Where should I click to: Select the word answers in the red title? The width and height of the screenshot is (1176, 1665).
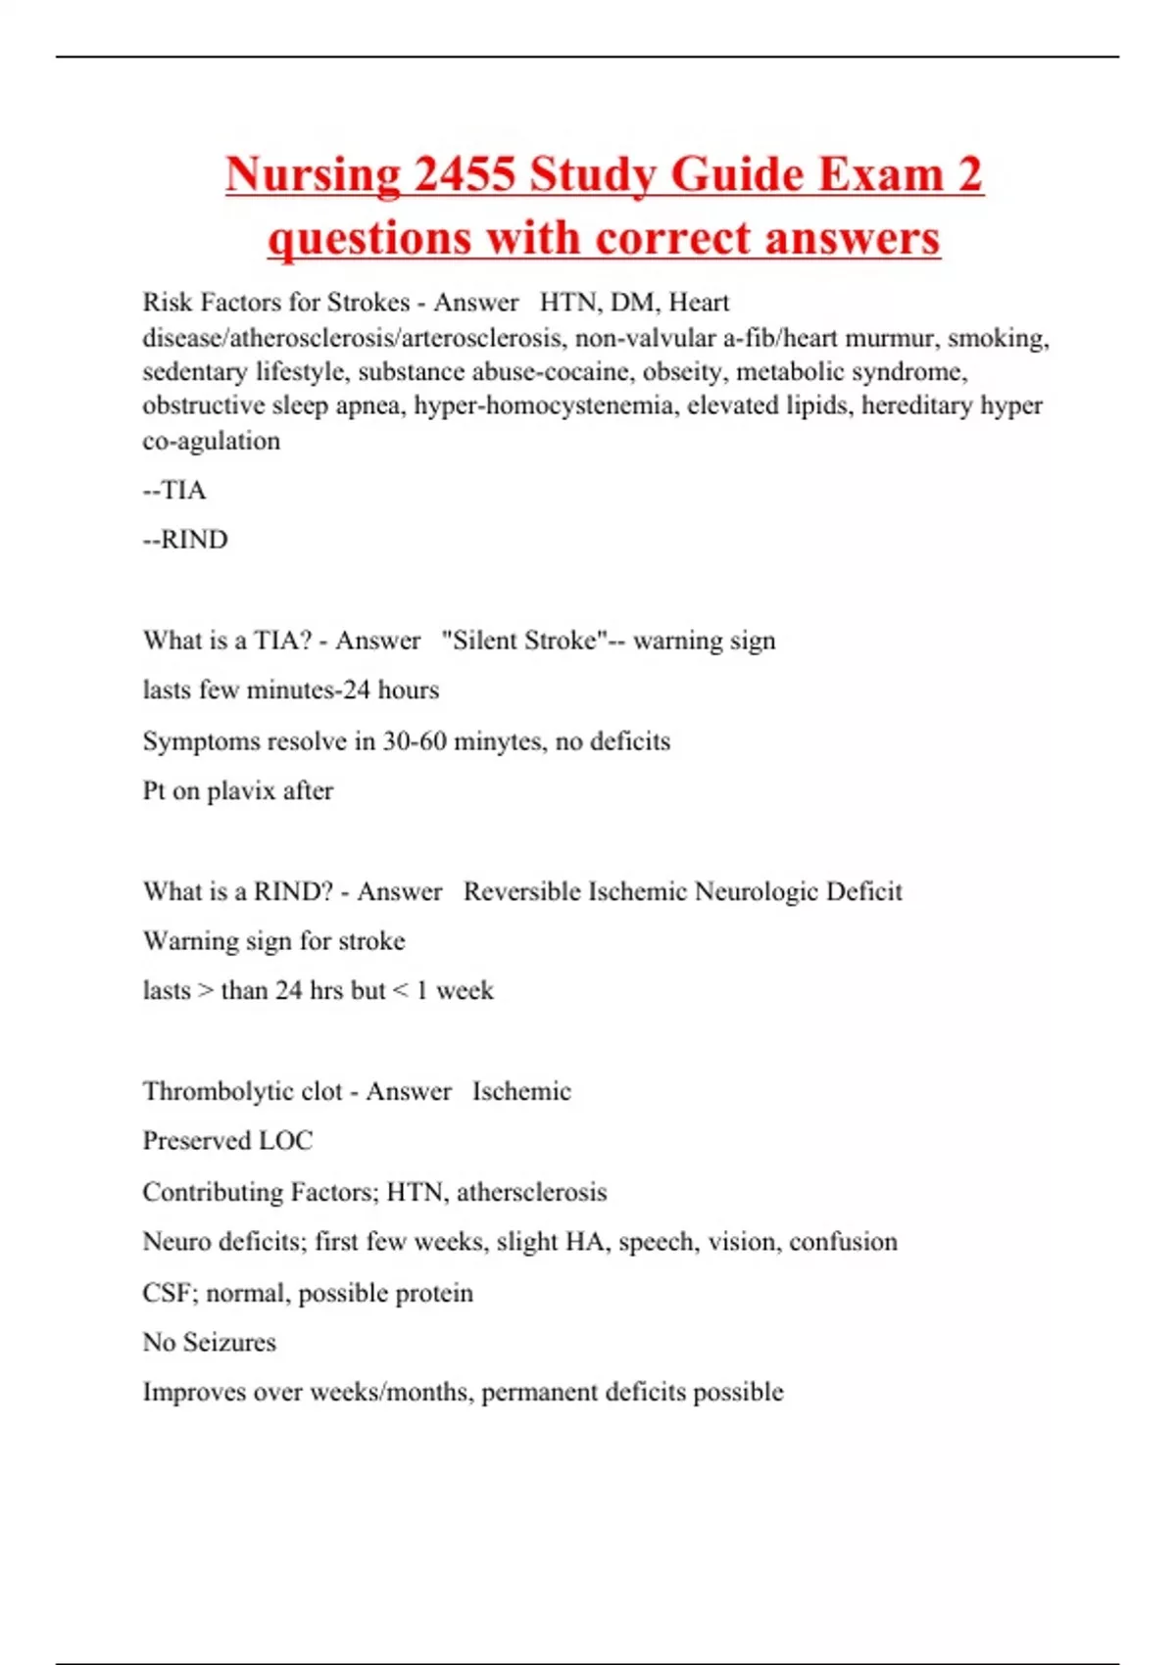pyautogui.click(x=852, y=238)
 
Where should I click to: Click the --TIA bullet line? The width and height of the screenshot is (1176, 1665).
pyautogui.click(x=174, y=490)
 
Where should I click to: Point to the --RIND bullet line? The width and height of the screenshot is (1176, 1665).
pyautogui.click(x=185, y=540)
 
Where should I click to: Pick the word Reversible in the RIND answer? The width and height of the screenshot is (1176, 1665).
pyautogui.click(x=521, y=891)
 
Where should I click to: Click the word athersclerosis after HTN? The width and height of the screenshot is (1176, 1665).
pyautogui.click(x=531, y=1192)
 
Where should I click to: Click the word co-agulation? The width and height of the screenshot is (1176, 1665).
pyautogui.click(x=211, y=441)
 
